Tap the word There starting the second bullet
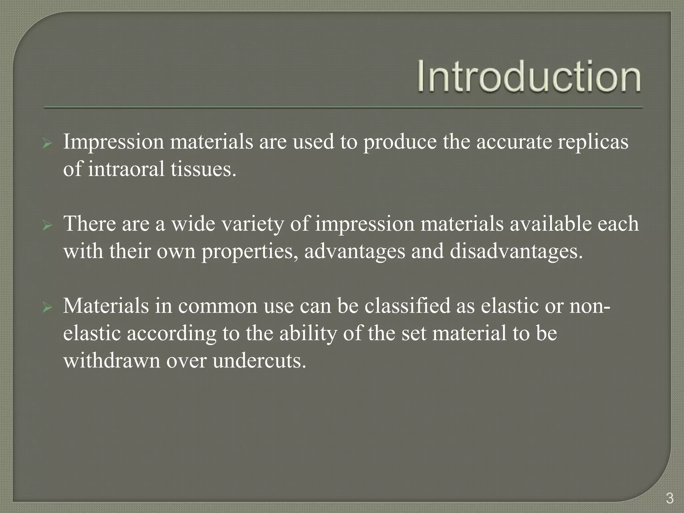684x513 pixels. [x=89, y=223]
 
